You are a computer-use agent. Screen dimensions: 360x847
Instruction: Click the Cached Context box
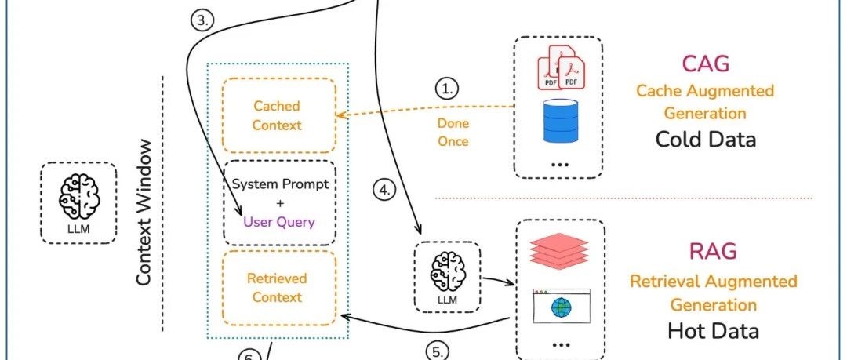pos(277,115)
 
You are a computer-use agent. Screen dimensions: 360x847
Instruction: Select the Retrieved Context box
pos(277,288)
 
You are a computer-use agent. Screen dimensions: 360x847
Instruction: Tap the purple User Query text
pos(278,222)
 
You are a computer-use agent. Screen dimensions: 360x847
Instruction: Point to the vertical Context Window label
pos(144,213)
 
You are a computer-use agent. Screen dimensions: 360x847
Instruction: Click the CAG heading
pos(704,64)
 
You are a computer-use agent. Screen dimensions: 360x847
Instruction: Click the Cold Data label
pos(705,140)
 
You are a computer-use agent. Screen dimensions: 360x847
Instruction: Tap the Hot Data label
pos(713,330)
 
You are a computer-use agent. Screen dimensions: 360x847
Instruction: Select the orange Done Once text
pos(453,133)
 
